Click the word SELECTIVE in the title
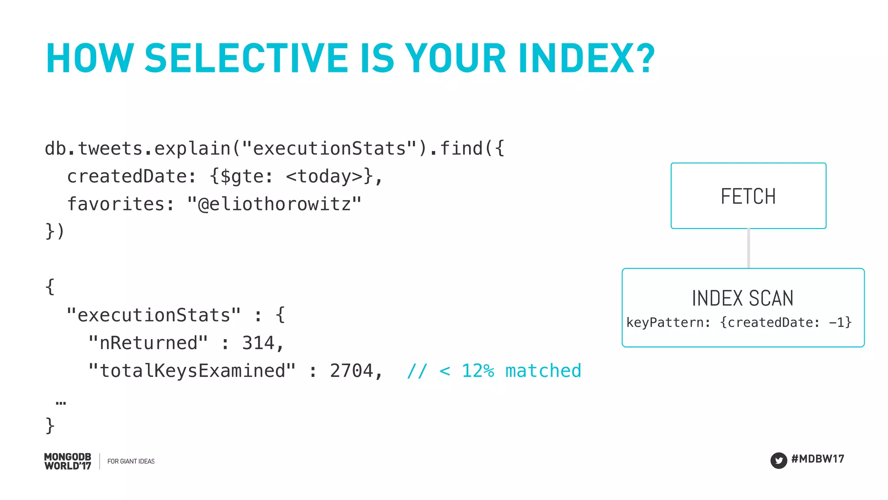point(246,59)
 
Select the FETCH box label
point(748,196)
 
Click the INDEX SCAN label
point(742,298)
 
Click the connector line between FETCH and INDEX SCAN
point(748,248)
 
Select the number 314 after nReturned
point(258,343)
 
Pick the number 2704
point(351,371)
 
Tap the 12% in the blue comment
point(477,371)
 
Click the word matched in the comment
point(543,371)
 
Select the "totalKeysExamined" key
point(192,371)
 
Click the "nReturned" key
point(148,343)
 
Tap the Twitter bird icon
point(778,461)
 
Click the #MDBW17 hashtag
point(817,459)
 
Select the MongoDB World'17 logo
point(68,461)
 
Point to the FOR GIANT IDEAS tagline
point(131,461)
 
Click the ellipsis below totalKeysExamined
point(61,403)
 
